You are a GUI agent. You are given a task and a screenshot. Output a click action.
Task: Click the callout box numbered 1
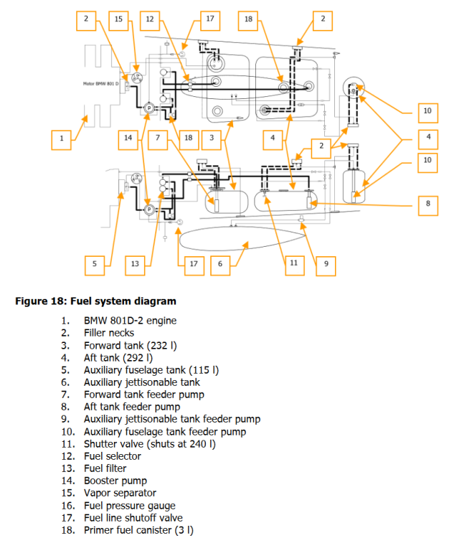coord(62,138)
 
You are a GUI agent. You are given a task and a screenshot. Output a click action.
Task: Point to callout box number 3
coord(212,138)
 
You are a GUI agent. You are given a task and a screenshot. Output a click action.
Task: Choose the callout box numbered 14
coord(128,138)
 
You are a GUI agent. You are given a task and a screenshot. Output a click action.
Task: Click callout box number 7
coord(159,138)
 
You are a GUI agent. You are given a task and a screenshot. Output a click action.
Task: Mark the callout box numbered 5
coord(94,265)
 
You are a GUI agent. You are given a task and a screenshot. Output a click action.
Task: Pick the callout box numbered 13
coord(135,265)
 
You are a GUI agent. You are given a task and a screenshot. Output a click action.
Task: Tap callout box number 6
coord(220,265)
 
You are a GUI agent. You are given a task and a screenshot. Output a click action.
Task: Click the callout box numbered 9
coord(326,265)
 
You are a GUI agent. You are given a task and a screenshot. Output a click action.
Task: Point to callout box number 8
coord(427,203)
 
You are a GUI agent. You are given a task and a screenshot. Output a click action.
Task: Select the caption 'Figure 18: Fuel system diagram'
coord(95,301)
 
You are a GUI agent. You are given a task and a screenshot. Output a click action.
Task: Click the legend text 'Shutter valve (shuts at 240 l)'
coord(149,443)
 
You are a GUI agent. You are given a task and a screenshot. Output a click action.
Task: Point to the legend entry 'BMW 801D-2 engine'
coord(130,320)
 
